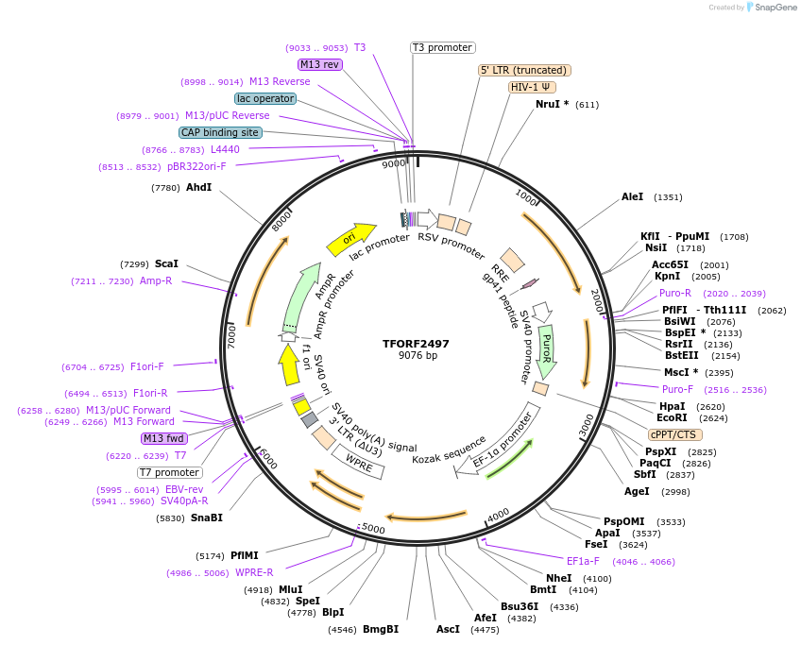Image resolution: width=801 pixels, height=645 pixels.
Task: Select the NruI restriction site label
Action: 552,104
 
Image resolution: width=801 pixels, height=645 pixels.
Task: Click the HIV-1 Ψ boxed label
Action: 532,87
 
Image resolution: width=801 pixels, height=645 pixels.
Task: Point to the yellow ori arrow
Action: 350,238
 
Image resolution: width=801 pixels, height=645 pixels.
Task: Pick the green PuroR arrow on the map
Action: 545,349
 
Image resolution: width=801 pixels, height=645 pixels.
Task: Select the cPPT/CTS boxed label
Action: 674,435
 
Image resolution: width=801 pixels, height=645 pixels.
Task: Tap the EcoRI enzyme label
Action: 672,417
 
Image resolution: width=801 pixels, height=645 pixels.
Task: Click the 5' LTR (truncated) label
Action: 524,70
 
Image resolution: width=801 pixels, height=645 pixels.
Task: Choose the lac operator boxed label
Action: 265,98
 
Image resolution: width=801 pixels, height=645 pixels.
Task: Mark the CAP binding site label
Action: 220,133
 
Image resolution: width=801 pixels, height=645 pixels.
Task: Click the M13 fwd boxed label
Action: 163,438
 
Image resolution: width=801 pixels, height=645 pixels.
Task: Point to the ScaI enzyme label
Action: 166,264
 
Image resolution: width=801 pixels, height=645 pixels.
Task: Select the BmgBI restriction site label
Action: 381,629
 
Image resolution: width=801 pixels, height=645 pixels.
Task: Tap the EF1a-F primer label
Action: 583,561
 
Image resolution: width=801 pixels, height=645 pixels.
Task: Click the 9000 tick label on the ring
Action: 393,164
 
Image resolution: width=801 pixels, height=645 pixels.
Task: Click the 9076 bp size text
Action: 417,356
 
